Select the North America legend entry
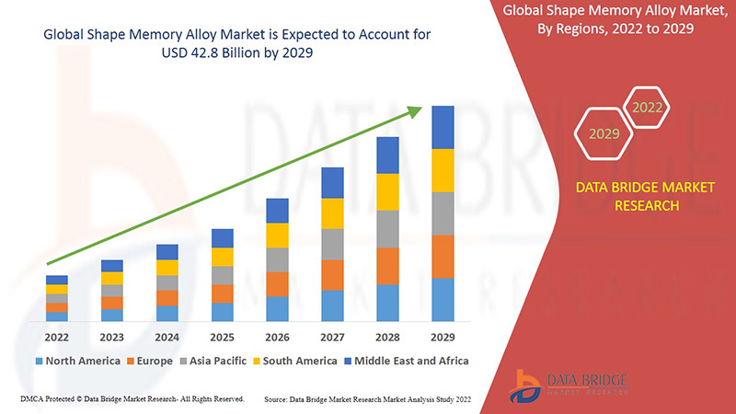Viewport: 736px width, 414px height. tap(78, 361)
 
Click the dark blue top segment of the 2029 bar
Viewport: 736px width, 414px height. tap(443, 127)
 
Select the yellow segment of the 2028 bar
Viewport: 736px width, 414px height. tap(388, 191)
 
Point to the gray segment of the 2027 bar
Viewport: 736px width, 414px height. tap(333, 244)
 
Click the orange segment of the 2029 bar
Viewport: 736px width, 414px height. tap(443, 257)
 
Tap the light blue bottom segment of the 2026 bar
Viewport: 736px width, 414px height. tap(278, 308)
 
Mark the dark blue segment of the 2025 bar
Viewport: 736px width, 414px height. tap(223, 238)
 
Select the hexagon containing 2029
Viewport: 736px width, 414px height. tap(604, 134)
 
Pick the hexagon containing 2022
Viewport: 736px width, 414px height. tap(647, 108)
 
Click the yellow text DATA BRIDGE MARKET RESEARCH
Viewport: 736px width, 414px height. tap(645, 197)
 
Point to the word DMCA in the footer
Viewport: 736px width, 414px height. tap(34, 399)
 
